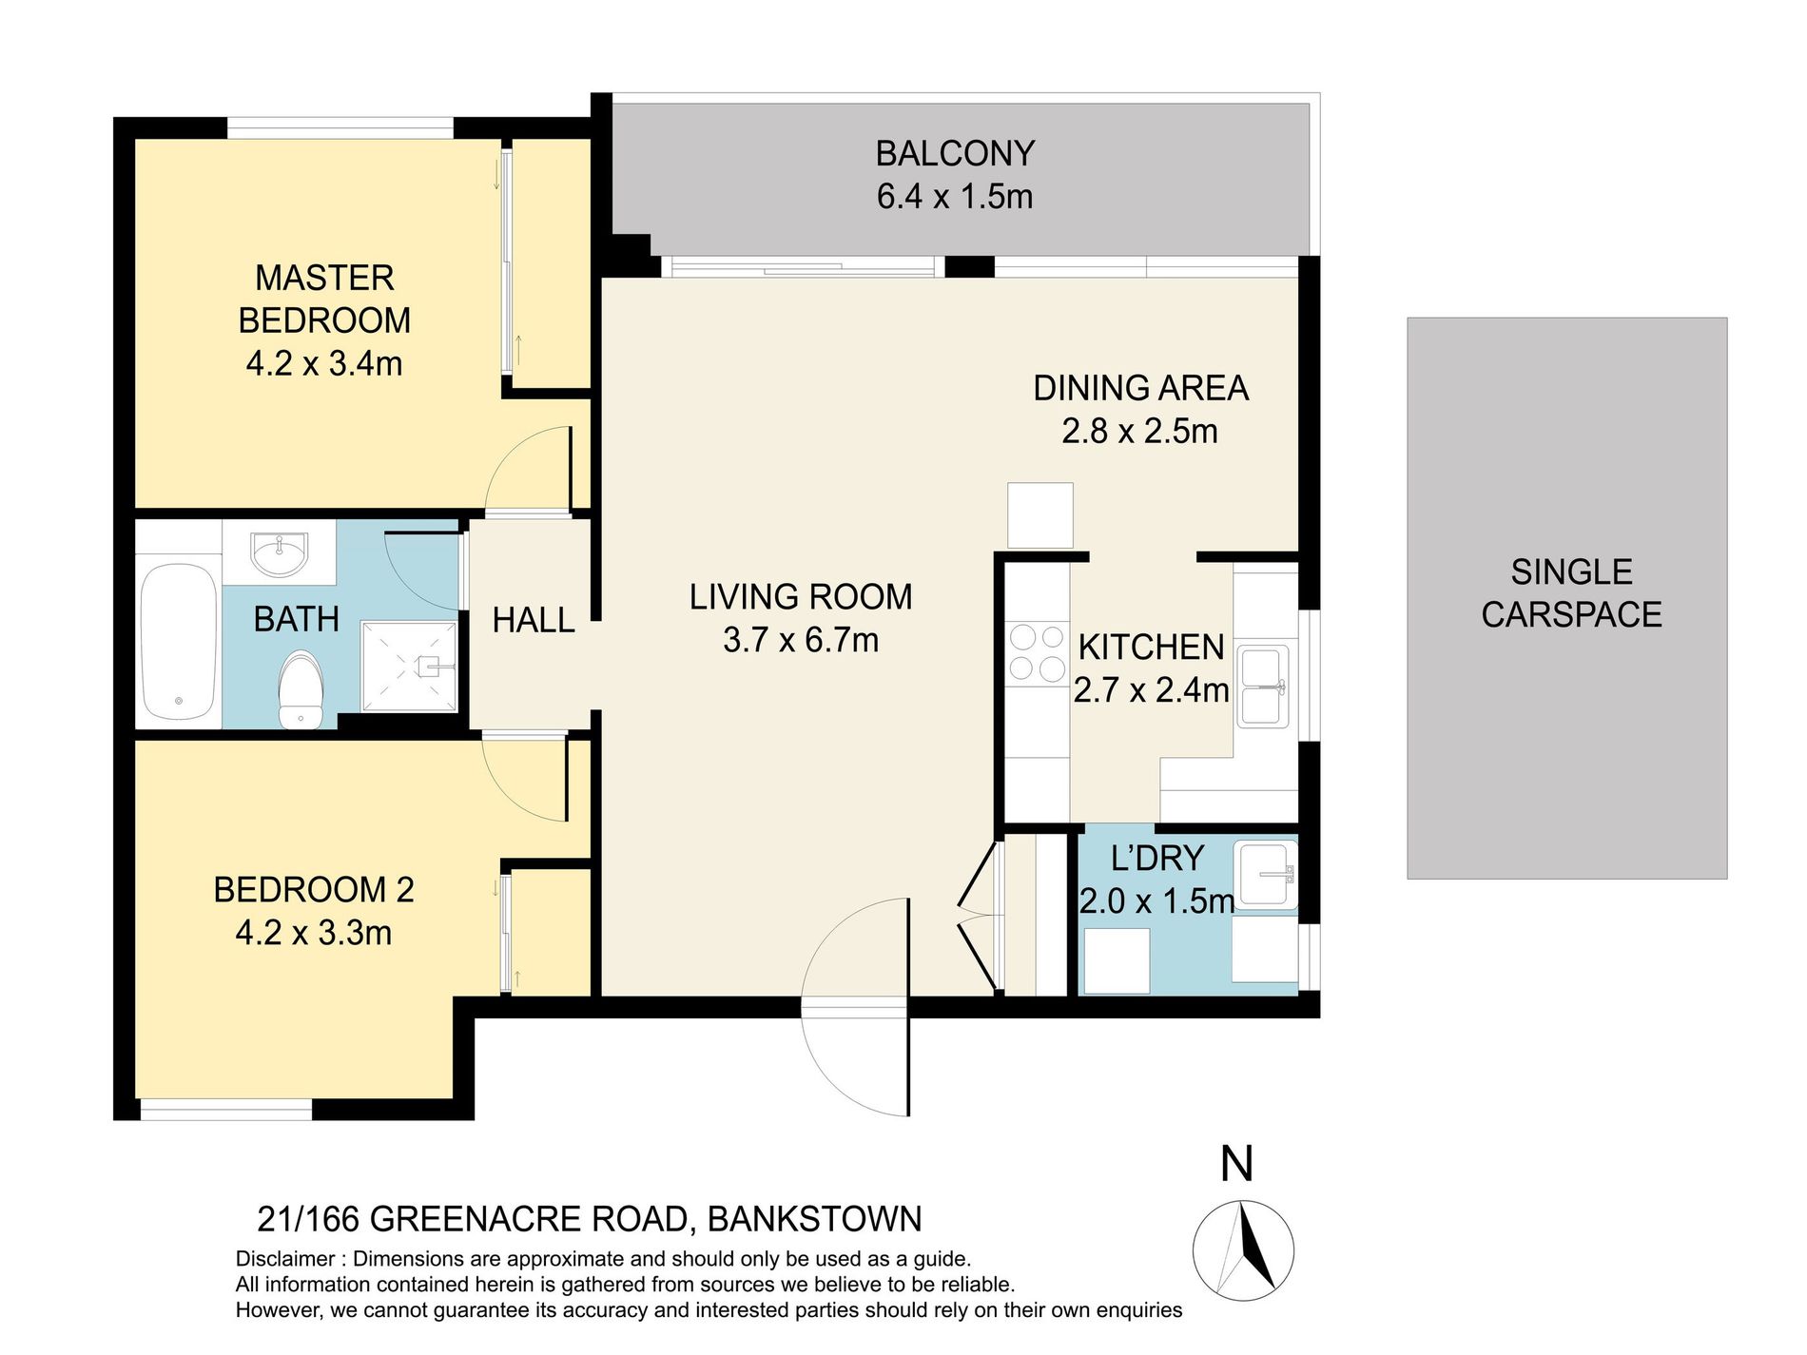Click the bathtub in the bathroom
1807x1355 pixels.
[x=179, y=643]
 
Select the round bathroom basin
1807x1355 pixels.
[x=279, y=553]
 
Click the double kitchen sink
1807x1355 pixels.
[x=1262, y=686]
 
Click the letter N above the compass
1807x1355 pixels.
[x=1236, y=1165]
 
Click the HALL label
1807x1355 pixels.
[x=533, y=620]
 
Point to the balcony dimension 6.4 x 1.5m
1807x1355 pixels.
[x=954, y=197]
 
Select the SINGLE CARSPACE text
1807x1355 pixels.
[x=1570, y=593]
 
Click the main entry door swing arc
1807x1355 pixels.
[x=851, y=1008]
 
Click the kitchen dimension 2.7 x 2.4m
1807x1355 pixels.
[x=1151, y=690]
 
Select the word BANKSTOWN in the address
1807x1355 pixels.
[x=814, y=1219]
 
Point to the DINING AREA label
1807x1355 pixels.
[x=1140, y=388]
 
